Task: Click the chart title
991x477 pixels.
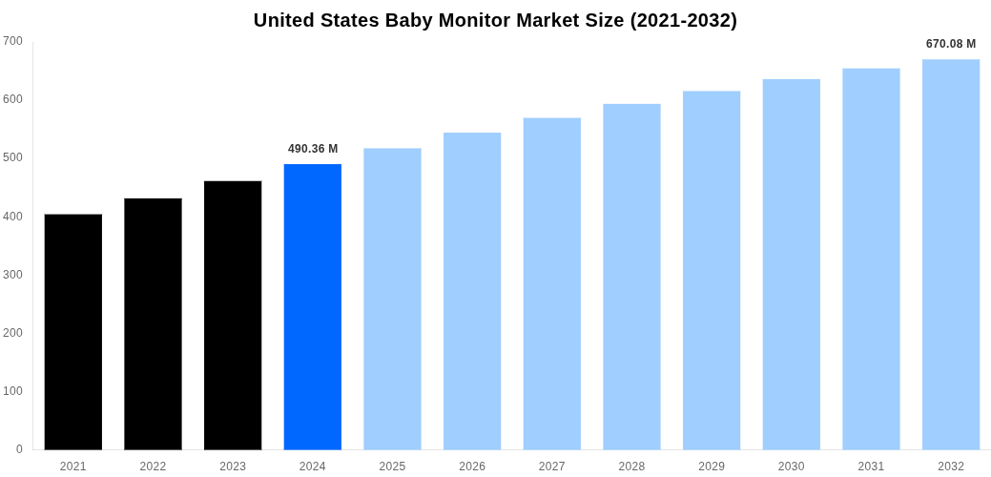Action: coord(495,20)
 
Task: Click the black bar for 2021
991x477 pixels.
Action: coord(72,331)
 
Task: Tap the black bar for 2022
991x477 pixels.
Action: coord(153,323)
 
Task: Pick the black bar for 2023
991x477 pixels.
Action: coord(233,315)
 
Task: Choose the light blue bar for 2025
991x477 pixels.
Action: coord(392,299)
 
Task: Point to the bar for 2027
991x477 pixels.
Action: coord(551,283)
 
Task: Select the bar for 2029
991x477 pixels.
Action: coord(712,270)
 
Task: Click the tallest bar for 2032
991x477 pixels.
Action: coord(951,254)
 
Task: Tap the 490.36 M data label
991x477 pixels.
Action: coord(313,149)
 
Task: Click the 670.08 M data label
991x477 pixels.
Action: coord(951,44)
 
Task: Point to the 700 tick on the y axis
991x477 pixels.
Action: coord(12,41)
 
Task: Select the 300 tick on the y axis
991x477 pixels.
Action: coord(12,275)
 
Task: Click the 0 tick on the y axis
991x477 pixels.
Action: coord(19,449)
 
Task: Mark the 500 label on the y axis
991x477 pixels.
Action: coord(12,157)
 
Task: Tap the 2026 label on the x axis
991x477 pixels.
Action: coord(472,467)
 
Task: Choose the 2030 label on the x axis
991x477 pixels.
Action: coord(791,467)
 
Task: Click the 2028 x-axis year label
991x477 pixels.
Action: coord(631,467)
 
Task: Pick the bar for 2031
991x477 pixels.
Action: coord(871,259)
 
